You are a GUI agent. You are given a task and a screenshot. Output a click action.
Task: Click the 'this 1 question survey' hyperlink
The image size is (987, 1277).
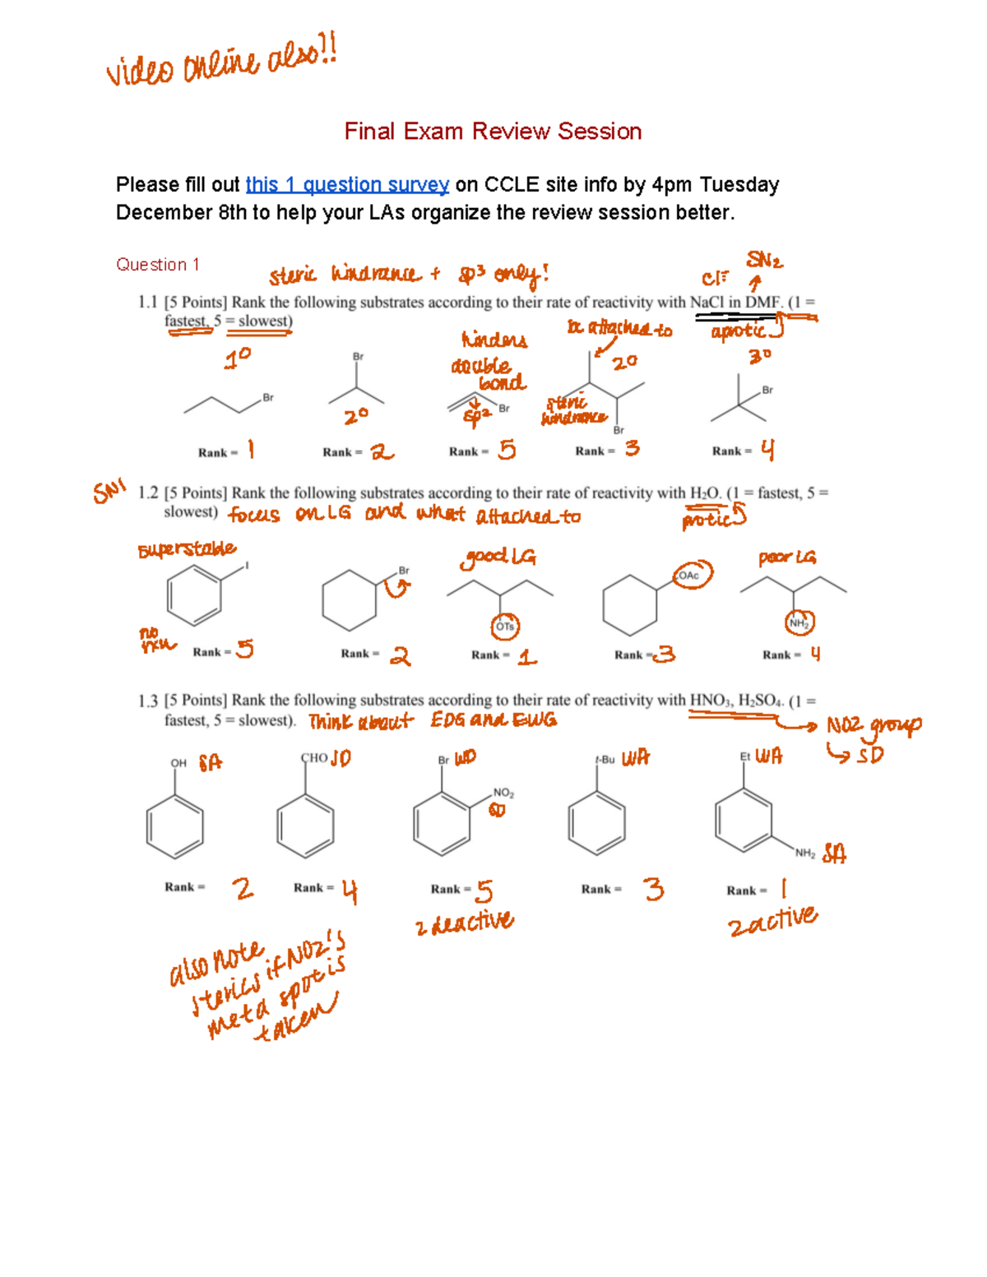click(x=347, y=185)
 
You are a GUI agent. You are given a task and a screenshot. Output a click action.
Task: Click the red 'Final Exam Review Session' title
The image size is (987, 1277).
click(x=493, y=132)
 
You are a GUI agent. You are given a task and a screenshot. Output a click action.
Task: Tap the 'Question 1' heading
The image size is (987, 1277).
click(x=157, y=265)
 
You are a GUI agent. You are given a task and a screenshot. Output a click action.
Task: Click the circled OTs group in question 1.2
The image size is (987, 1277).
click(x=504, y=627)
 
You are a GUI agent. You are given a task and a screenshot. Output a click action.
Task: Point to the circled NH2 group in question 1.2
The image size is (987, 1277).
click(x=799, y=623)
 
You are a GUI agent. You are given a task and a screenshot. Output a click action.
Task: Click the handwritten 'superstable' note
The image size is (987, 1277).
click(x=187, y=549)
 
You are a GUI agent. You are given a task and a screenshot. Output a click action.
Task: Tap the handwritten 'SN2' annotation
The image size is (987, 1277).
click(x=763, y=261)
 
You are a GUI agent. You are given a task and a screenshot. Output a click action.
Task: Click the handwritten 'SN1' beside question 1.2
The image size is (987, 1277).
click(x=109, y=492)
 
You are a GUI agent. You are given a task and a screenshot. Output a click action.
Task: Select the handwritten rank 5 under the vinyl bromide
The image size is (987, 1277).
click(x=507, y=450)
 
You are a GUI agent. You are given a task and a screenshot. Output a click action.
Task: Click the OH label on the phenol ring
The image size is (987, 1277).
click(x=178, y=763)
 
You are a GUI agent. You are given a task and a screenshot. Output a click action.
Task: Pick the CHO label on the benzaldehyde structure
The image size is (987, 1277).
click(x=314, y=758)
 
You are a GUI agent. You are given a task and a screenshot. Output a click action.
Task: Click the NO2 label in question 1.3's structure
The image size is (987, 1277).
click(x=503, y=793)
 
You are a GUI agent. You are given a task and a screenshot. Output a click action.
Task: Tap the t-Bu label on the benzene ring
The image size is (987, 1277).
click(x=605, y=760)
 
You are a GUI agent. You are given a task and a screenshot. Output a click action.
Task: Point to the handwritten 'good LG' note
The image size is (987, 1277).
click(x=498, y=558)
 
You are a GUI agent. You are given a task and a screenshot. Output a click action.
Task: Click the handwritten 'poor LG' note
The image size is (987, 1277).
click(x=787, y=558)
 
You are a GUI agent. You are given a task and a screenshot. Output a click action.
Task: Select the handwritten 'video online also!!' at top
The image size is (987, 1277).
click(x=220, y=61)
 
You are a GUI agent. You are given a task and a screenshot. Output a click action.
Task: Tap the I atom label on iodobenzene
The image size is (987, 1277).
click(x=247, y=566)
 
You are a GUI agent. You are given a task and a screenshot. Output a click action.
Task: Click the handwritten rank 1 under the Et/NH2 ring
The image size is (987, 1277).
click(x=783, y=888)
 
